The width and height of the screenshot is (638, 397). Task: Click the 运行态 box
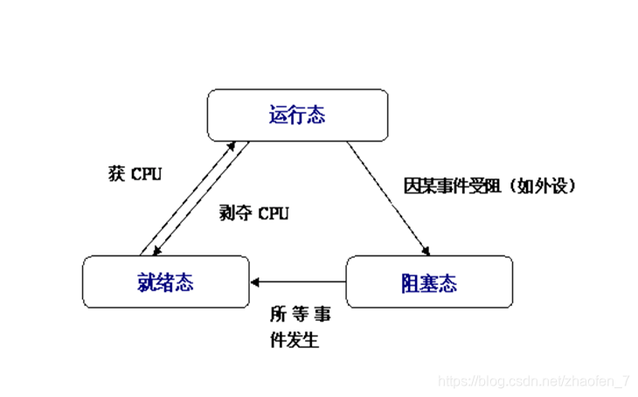coord(297,115)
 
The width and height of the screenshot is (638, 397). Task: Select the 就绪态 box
coord(164,282)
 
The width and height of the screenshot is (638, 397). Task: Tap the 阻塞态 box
coord(428,282)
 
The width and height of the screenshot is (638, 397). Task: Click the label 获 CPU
coord(135,174)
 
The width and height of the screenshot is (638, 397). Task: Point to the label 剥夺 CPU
coord(253,213)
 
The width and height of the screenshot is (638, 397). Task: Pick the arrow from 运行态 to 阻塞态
coord(389,197)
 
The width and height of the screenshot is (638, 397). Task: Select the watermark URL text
coord(533,381)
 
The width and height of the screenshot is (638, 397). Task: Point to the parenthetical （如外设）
coord(546,186)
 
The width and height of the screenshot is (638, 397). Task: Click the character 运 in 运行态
coord(278,115)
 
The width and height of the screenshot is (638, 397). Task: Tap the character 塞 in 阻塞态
coord(428,282)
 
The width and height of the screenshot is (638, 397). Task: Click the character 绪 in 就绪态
coord(164,282)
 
